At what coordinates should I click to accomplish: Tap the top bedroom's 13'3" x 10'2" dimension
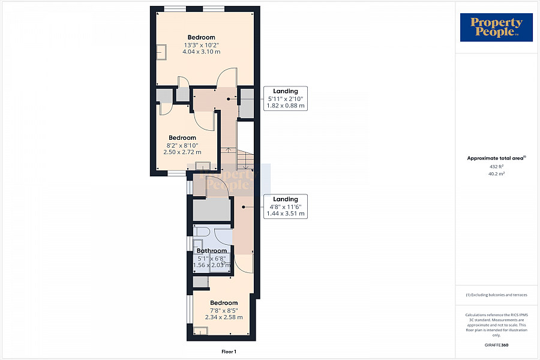[x=201, y=44]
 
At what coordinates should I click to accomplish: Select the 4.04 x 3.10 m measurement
[x=201, y=52]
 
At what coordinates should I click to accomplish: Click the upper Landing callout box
[x=285, y=98]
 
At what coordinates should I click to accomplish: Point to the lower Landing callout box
[x=285, y=206]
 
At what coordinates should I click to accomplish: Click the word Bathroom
[x=212, y=251]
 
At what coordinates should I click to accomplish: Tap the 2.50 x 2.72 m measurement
[x=182, y=152]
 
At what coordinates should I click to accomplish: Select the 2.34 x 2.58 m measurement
[x=224, y=317]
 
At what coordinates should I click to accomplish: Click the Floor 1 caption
[x=228, y=352]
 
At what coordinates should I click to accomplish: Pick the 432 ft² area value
[x=496, y=166]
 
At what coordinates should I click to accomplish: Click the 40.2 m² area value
[x=496, y=173]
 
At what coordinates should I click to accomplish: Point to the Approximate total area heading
[x=496, y=158]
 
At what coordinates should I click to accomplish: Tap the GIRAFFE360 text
[x=496, y=345]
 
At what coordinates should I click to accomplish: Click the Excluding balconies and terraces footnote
[x=496, y=295]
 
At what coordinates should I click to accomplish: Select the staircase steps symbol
[x=245, y=159]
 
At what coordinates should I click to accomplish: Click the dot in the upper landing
[x=228, y=98]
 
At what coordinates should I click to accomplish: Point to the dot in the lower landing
[x=243, y=206]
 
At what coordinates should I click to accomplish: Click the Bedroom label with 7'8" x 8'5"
[x=224, y=303]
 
